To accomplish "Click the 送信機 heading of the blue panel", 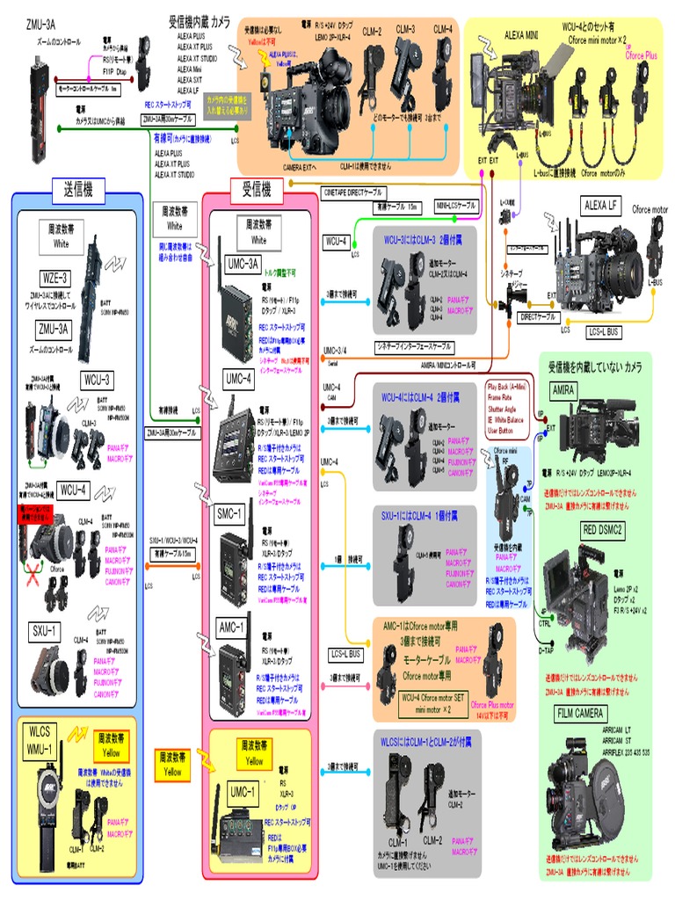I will (78, 188).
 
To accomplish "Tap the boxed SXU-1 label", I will (47, 630).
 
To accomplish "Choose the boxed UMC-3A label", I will (241, 265).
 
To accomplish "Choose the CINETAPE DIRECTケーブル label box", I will (353, 191).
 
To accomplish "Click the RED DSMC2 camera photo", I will (584, 593).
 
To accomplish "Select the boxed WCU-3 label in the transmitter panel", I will (98, 380).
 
